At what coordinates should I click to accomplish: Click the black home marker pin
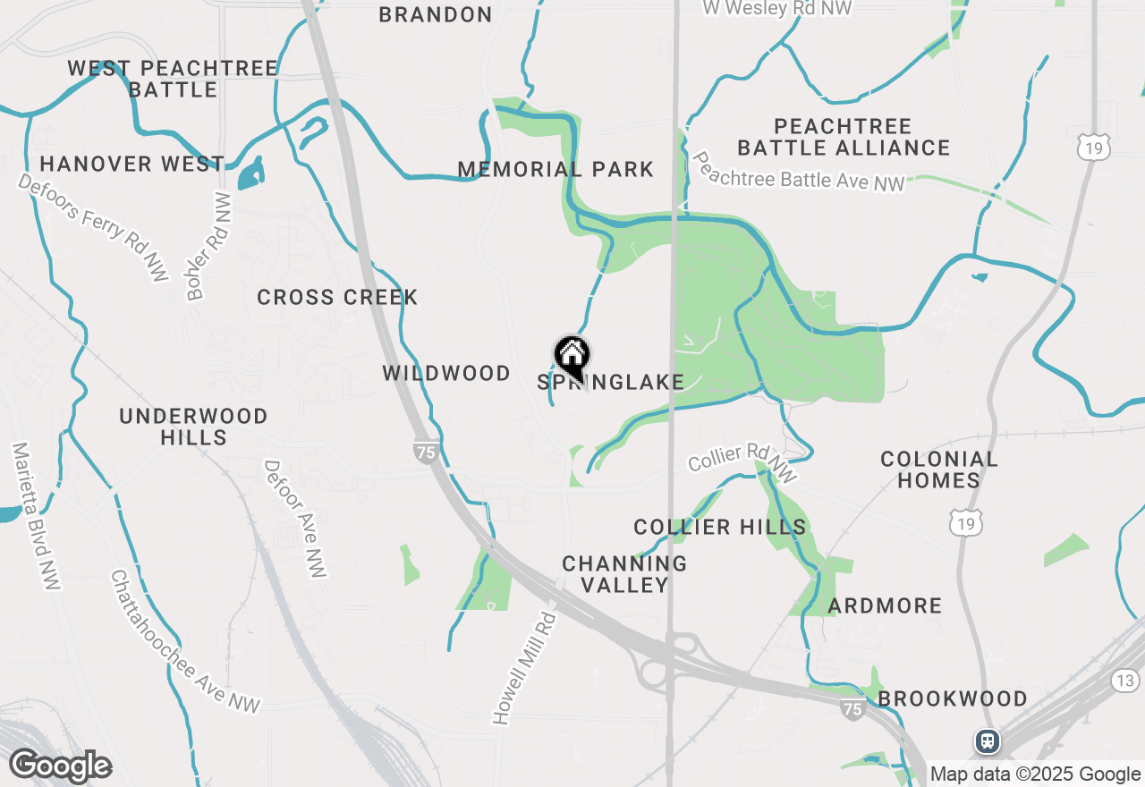coord(572,357)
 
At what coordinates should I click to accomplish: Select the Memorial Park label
coord(556,169)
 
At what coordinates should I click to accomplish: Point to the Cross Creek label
coord(337,298)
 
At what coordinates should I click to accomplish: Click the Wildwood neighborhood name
coord(446,373)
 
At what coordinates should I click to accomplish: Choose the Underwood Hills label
coord(193,427)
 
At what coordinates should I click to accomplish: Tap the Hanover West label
coord(131,164)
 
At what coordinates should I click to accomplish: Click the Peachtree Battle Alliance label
coord(844,137)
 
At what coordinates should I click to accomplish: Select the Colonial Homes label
coord(938,470)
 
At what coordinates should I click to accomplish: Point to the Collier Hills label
coord(720,527)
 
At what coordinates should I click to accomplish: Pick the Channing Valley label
coord(624,574)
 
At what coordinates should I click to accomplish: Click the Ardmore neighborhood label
coord(885,605)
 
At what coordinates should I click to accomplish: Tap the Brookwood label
coord(952,698)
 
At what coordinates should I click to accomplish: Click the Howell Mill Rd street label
coord(524,667)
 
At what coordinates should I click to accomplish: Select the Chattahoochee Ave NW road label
coord(184,641)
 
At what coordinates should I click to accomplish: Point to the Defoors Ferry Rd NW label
coord(93,227)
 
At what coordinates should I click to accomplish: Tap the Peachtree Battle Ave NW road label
coord(798,171)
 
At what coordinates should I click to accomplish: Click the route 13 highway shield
coord(1125,681)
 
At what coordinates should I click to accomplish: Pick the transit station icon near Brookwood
coord(988,740)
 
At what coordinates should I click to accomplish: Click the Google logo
coord(60,766)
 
